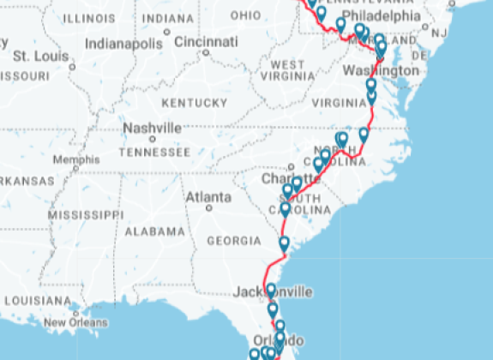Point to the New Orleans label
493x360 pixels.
click(76, 323)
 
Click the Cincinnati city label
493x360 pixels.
click(207, 40)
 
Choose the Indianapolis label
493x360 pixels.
click(123, 43)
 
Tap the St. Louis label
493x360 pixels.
click(40, 56)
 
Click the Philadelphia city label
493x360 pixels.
click(382, 15)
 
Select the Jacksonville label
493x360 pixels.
click(273, 292)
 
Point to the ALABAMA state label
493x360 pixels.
click(155, 231)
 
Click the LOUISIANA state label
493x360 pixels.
click(36, 301)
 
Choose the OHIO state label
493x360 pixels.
click(245, 15)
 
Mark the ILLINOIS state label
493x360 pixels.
click(89, 17)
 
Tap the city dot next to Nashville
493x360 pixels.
click(153, 138)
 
